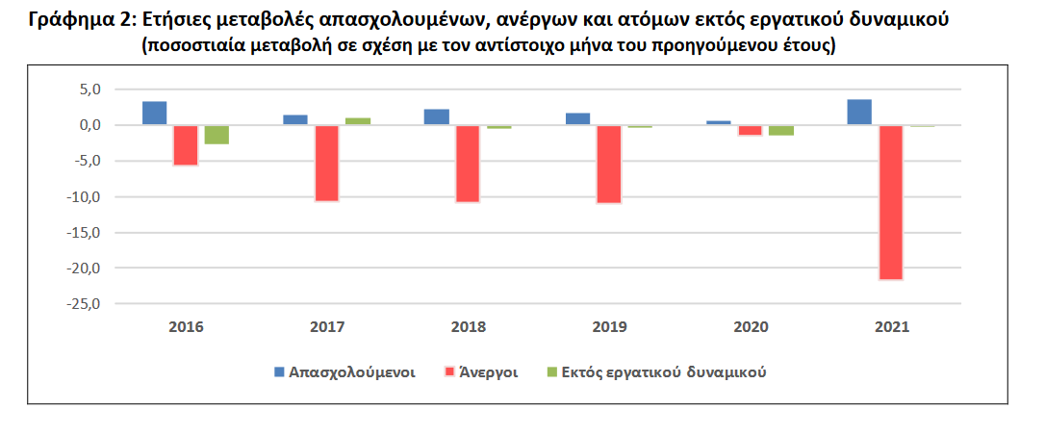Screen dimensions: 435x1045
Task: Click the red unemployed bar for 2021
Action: (890, 202)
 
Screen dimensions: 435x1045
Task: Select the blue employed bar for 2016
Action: (154, 114)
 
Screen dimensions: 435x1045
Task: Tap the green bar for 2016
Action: (217, 135)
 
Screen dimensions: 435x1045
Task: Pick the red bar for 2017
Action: (327, 163)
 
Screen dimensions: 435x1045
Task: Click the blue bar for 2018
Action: (437, 117)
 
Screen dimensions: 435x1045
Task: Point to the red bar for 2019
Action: (609, 164)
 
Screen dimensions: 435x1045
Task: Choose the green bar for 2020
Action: (780, 131)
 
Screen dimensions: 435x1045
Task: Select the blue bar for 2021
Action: (859, 113)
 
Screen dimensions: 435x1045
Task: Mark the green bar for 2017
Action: (358, 121)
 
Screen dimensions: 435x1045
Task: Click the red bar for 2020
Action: (750, 131)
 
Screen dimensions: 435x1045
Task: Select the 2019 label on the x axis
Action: (609, 327)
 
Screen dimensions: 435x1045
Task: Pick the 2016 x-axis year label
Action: (186, 327)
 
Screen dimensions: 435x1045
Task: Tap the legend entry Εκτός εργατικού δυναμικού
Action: (663, 371)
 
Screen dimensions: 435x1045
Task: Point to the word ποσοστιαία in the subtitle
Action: (192, 45)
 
